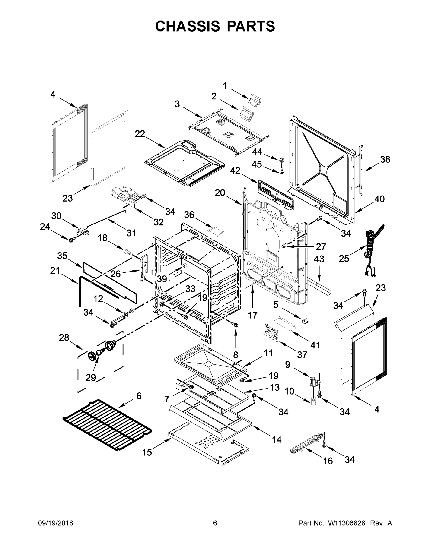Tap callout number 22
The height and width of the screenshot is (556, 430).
coord(140,134)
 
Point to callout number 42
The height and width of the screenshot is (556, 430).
coord(235,171)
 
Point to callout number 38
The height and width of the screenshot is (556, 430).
coord(385,159)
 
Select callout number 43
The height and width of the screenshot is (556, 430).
coord(319,259)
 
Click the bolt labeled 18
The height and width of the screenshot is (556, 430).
coord(128,252)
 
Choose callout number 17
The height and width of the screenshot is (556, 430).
coord(253,315)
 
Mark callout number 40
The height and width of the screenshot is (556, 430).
coord(379,199)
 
